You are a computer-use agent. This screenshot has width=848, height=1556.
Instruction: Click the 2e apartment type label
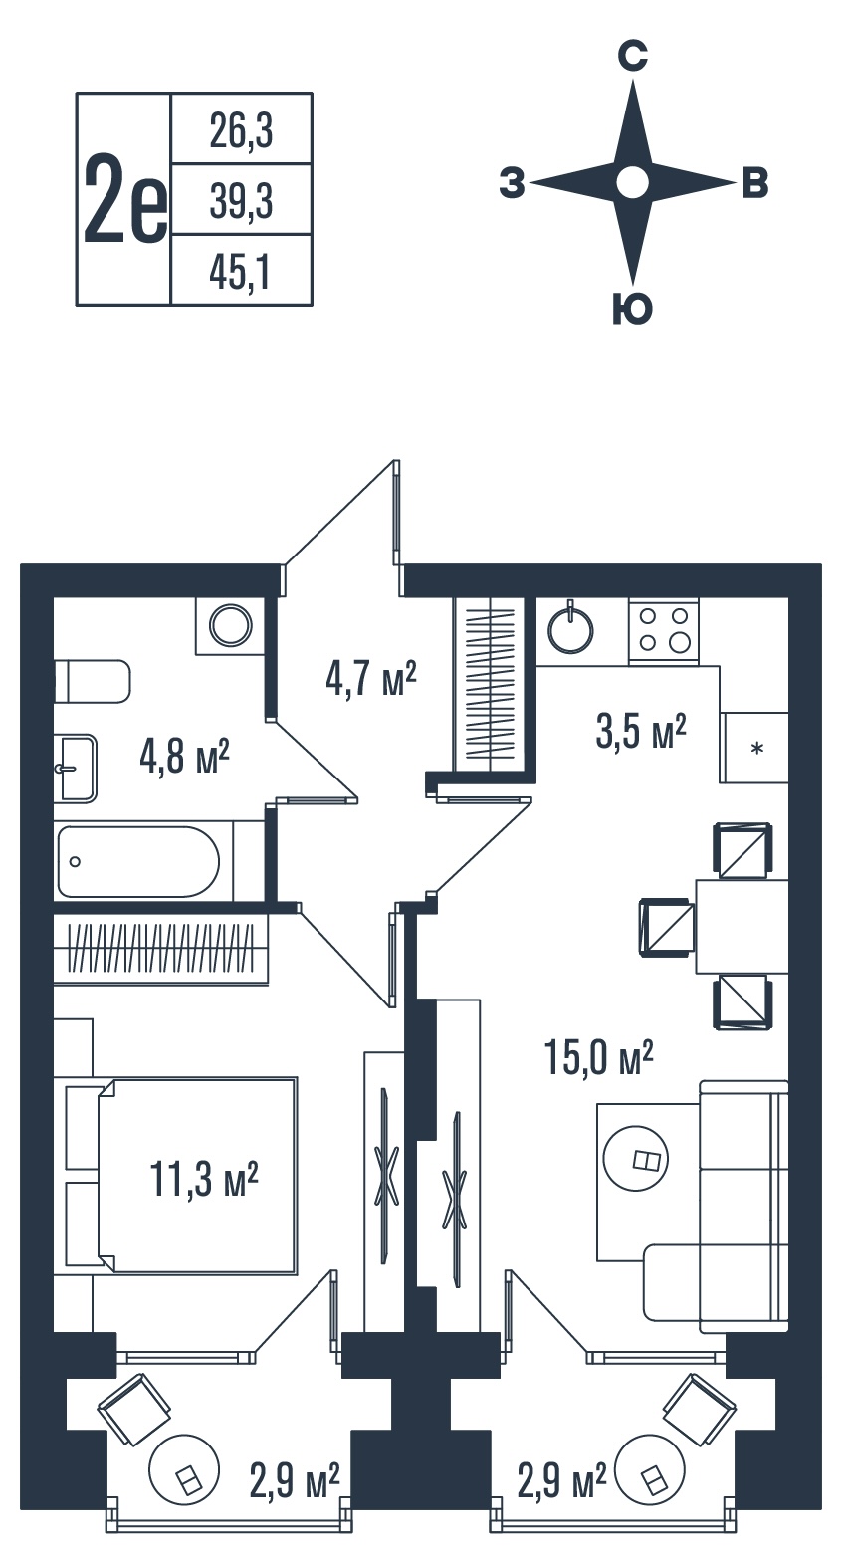pyautogui.click(x=125, y=201)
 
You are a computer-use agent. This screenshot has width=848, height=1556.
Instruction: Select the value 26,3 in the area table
pyautogui.click(x=241, y=131)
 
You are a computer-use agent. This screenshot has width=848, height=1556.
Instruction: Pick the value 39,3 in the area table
pyautogui.click(x=241, y=201)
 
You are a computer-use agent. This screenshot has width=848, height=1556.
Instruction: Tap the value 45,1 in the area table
pyautogui.click(x=240, y=272)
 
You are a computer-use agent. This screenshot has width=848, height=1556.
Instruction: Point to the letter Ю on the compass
pyautogui.click(x=633, y=308)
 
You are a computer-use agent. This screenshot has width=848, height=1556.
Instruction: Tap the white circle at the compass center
pyautogui.click(x=633, y=183)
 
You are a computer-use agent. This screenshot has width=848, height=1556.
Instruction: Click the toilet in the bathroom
pyautogui.click(x=93, y=682)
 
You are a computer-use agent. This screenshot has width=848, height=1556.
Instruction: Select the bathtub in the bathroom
pyautogui.click(x=139, y=861)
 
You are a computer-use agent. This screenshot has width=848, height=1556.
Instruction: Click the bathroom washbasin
pyautogui.click(x=77, y=769)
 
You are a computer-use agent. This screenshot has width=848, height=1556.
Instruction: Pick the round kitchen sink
pyautogui.click(x=571, y=630)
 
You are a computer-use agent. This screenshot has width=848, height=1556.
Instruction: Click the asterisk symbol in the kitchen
pyautogui.click(x=757, y=749)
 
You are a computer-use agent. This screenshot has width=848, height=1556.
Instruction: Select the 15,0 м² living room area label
pyautogui.click(x=598, y=1057)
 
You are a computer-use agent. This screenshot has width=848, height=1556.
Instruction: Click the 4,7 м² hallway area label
pyautogui.click(x=371, y=679)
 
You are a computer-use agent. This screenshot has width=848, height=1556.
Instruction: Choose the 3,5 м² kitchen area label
pyautogui.click(x=641, y=731)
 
